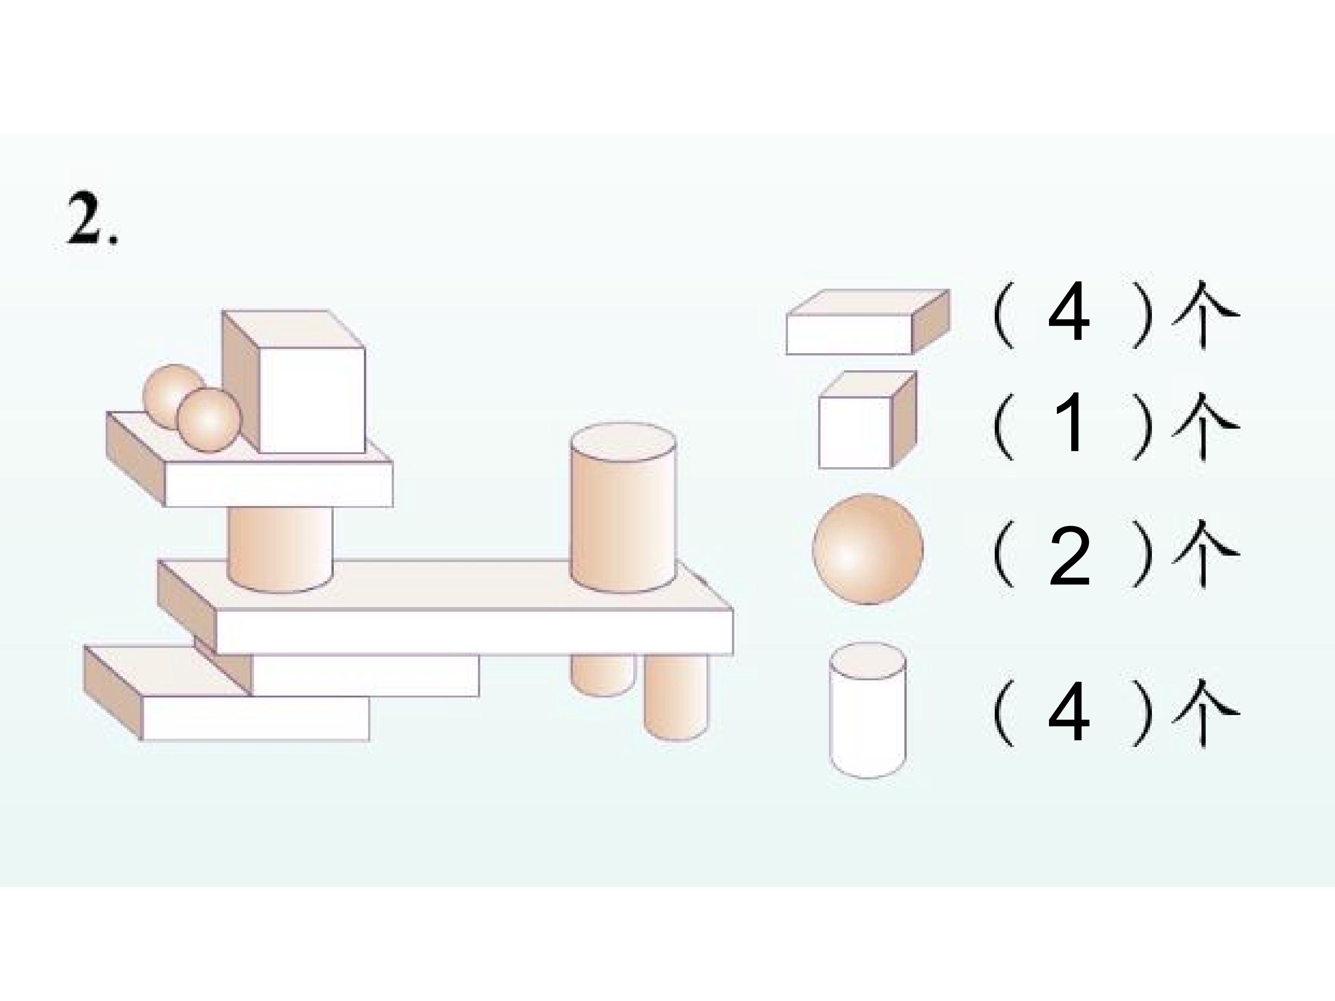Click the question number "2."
[92, 218]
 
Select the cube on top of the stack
[294, 381]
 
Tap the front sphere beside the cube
[209, 419]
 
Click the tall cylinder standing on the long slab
[623, 507]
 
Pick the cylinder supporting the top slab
[280, 549]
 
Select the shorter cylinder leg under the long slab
[602, 675]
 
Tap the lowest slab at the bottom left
[226, 693]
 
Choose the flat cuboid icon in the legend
[868, 321]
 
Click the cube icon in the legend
[867, 420]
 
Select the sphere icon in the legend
[867, 549]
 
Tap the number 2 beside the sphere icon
[1069, 555]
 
